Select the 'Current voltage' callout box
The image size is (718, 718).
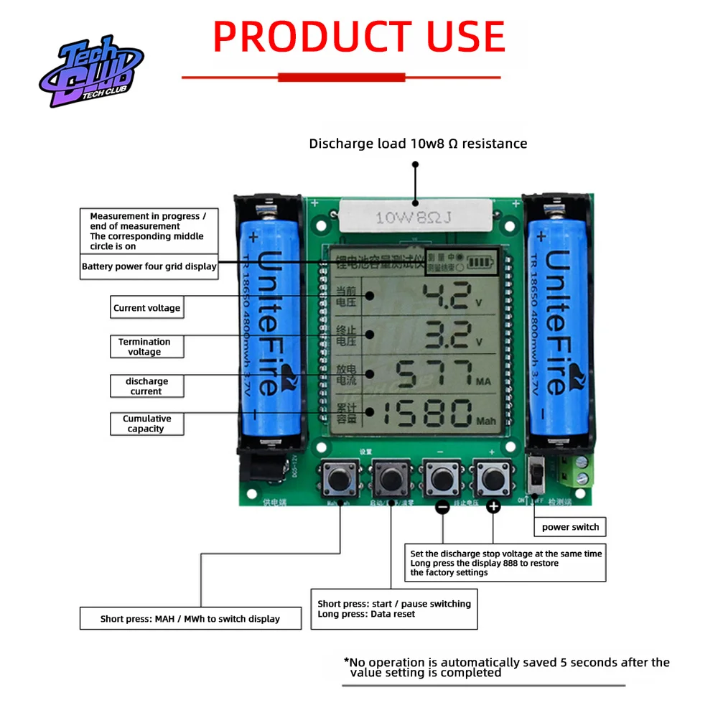[x=146, y=308]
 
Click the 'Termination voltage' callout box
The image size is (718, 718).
[x=146, y=347]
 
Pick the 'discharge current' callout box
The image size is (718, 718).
[x=146, y=386]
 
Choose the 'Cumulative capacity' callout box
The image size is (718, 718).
[x=146, y=424]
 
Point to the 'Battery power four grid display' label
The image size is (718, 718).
[x=149, y=266]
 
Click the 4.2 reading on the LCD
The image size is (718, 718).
[x=445, y=296]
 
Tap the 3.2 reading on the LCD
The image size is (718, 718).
[x=445, y=335]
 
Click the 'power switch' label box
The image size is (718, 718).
[x=570, y=527]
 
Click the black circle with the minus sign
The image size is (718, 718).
[x=442, y=507]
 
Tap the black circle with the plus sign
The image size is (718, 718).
[x=493, y=507]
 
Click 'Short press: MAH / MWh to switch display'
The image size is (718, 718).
[x=190, y=618]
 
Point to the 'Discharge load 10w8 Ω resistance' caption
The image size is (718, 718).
[x=418, y=144]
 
